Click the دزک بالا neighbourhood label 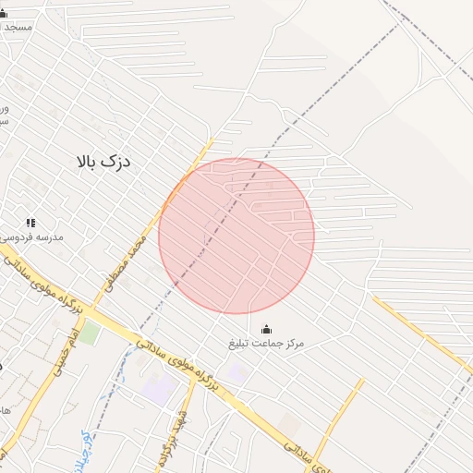(103, 161)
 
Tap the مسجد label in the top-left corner (18, 28)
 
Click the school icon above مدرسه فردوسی (30, 223)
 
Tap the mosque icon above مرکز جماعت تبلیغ (266, 329)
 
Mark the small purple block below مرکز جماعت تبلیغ (237, 372)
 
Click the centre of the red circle (236, 236)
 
